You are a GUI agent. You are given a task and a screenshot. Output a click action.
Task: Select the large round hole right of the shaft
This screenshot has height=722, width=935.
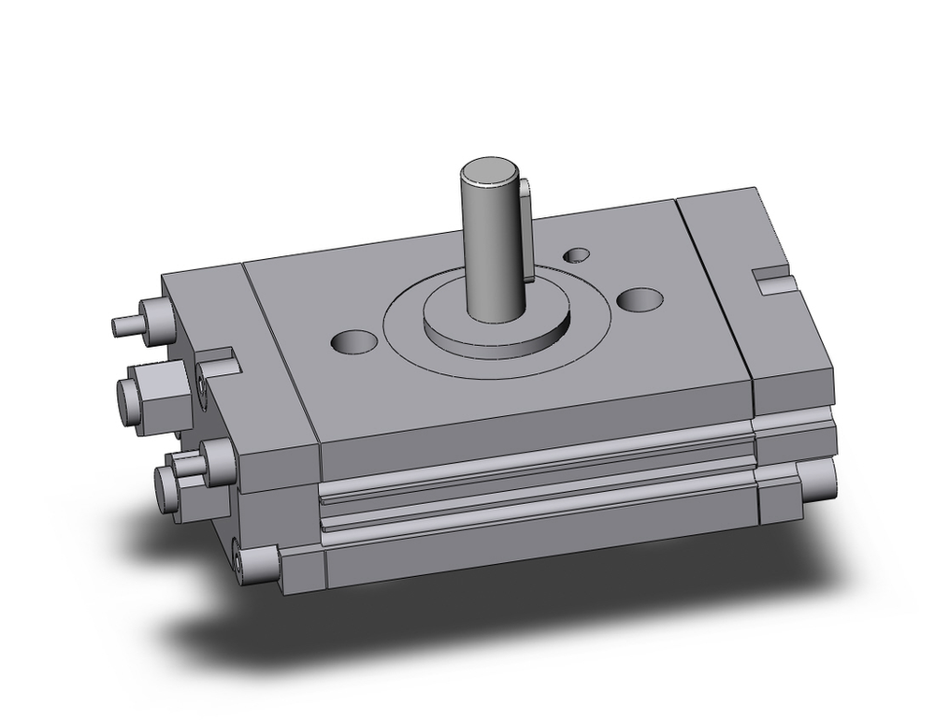[x=640, y=299]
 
